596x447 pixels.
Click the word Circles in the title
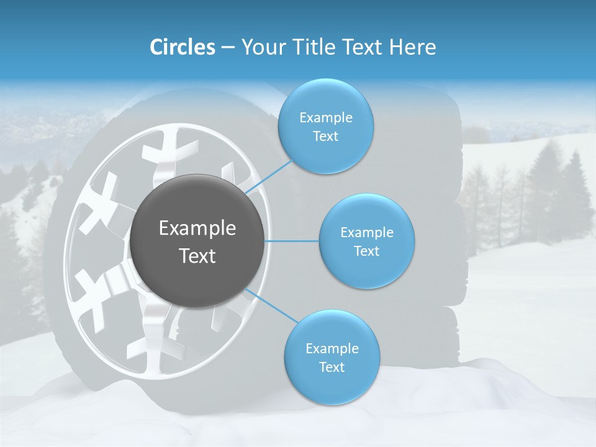(182, 47)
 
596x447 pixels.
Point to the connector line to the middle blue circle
(292, 241)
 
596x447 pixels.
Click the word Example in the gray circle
(197, 228)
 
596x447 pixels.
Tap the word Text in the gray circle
(197, 256)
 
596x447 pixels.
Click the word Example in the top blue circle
(325, 118)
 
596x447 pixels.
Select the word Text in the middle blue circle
(366, 251)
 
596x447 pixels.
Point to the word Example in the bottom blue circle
(332, 349)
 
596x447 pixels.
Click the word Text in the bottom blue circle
(332, 368)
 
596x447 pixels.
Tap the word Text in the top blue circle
(325, 137)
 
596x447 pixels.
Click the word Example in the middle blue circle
(366, 233)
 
